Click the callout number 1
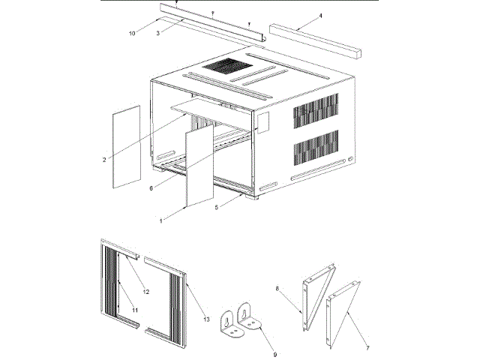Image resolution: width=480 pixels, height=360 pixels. (x=160, y=220)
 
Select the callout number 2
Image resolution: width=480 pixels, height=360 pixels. (x=104, y=159)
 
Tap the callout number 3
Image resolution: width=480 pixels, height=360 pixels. (x=158, y=33)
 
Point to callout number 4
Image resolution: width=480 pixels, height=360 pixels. (x=299, y=15)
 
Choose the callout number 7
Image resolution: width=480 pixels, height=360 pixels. (x=367, y=348)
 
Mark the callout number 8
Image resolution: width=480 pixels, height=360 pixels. (x=277, y=287)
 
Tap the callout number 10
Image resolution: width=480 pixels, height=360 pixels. (x=132, y=33)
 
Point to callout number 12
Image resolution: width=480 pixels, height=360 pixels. (x=145, y=291)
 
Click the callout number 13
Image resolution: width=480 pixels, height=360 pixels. (x=206, y=319)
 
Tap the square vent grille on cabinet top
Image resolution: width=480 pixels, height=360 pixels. (x=224, y=65)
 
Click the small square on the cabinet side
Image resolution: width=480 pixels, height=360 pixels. (x=263, y=123)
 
